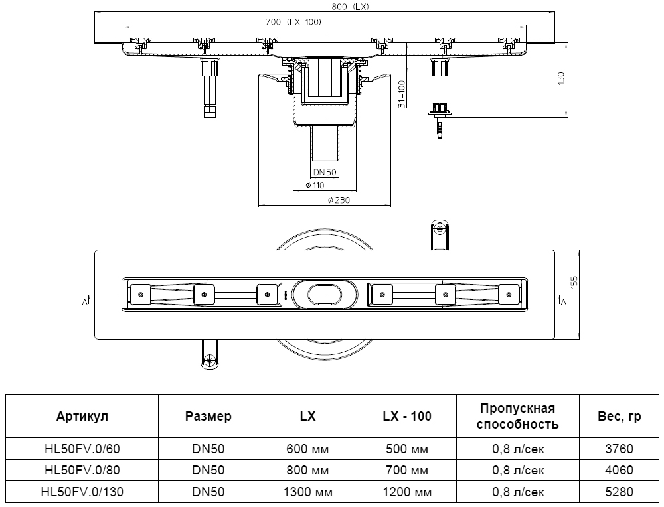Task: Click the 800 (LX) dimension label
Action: pyautogui.click(x=350, y=7)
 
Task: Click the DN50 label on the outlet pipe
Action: pyautogui.click(x=325, y=172)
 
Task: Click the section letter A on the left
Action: pyautogui.click(x=85, y=302)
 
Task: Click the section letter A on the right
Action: pyautogui.click(x=563, y=302)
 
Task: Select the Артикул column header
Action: pyautogui.click(x=82, y=417)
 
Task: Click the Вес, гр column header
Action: pyautogui.click(x=620, y=417)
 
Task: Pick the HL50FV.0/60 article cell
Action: pyautogui.click(x=82, y=449)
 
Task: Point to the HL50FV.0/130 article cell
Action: pyautogui.click(x=82, y=492)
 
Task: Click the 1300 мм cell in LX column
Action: pyautogui.click(x=307, y=492)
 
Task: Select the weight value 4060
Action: pyautogui.click(x=620, y=471)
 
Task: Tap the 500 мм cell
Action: pyautogui.click(x=407, y=449)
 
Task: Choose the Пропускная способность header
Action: pyautogui.click(x=517, y=417)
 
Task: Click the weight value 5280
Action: pyautogui.click(x=620, y=492)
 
